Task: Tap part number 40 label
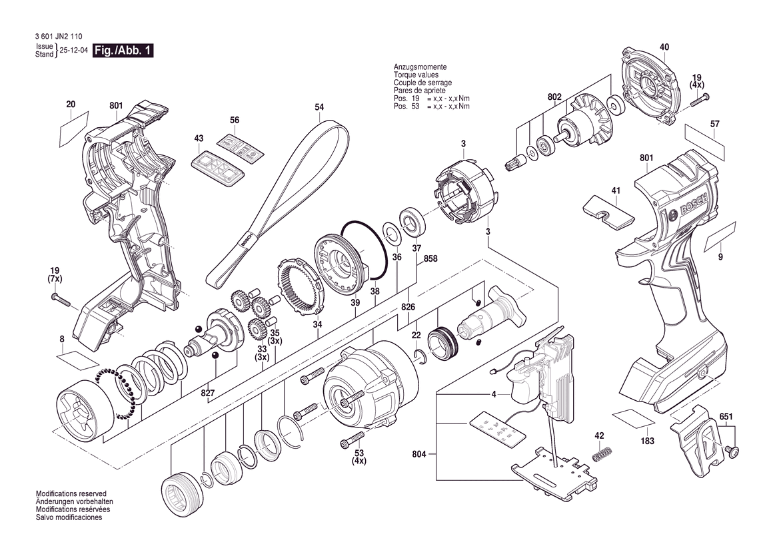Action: coord(664,47)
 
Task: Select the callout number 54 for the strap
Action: coord(319,107)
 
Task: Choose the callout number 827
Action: coord(208,393)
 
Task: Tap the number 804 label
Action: coord(419,453)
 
